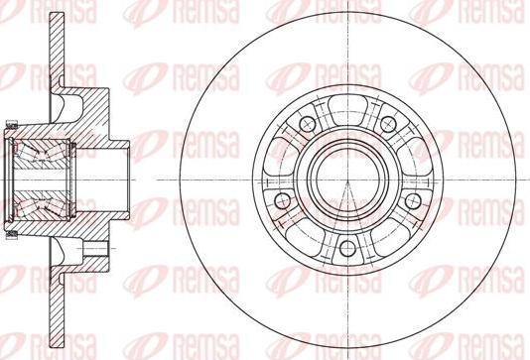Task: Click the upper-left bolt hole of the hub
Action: coord(308,124)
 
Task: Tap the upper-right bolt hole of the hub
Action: coord(388,124)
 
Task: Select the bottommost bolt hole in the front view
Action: coord(347,248)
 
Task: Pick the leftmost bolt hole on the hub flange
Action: coord(283,201)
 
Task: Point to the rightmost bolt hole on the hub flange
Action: coord(413,201)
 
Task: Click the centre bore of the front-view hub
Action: coord(347,180)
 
